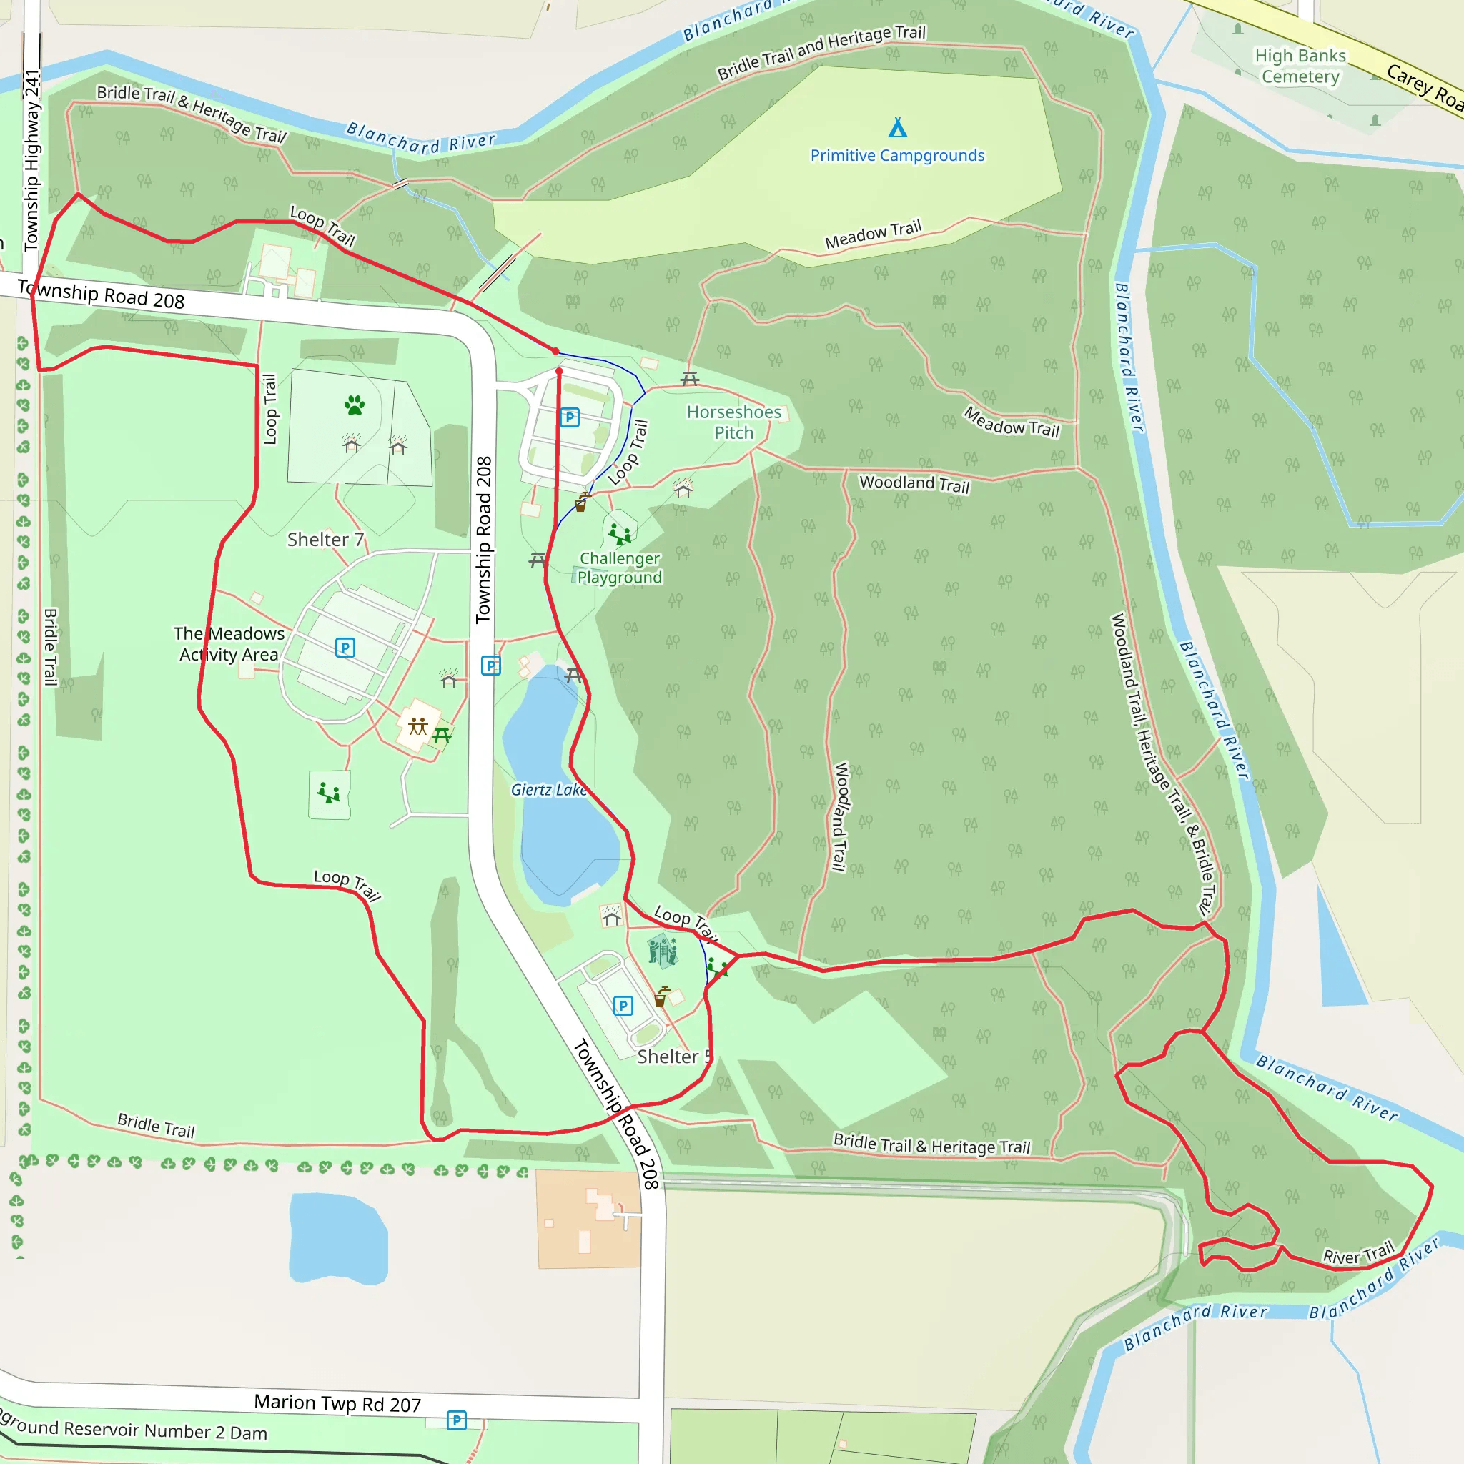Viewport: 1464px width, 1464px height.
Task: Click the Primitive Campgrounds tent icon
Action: coord(897,127)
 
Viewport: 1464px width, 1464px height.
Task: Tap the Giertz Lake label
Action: coord(548,790)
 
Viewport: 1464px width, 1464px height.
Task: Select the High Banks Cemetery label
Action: coord(1300,66)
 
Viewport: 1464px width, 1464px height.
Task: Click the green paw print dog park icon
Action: coord(354,405)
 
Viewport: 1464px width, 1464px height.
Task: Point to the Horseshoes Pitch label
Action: coord(733,422)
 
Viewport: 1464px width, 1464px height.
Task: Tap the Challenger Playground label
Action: coord(619,568)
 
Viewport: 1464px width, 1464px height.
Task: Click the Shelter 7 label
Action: coord(325,540)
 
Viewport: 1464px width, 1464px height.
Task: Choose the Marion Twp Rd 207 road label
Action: coord(337,1403)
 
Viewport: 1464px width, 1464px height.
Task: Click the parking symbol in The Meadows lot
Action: coord(345,648)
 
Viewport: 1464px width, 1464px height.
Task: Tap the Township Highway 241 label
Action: coord(32,159)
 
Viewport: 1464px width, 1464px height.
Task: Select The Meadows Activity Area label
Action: coord(229,644)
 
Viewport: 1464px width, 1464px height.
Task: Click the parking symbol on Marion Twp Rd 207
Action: coord(456,1420)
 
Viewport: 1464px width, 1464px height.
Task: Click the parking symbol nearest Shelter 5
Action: coord(623,1006)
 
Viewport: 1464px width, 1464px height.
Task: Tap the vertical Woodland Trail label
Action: coord(841,817)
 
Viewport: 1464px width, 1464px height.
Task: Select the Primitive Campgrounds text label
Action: coord(897,155)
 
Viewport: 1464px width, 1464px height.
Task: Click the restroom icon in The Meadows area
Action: coord(418,727)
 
